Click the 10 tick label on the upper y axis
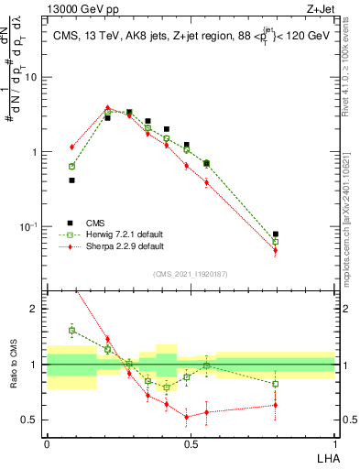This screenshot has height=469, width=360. click(30, 77)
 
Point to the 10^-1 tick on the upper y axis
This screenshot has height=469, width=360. click(29, 226)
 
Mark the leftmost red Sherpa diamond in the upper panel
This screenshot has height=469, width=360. click(71, 147)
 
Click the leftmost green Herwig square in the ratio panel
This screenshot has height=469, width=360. click(71, 330)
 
